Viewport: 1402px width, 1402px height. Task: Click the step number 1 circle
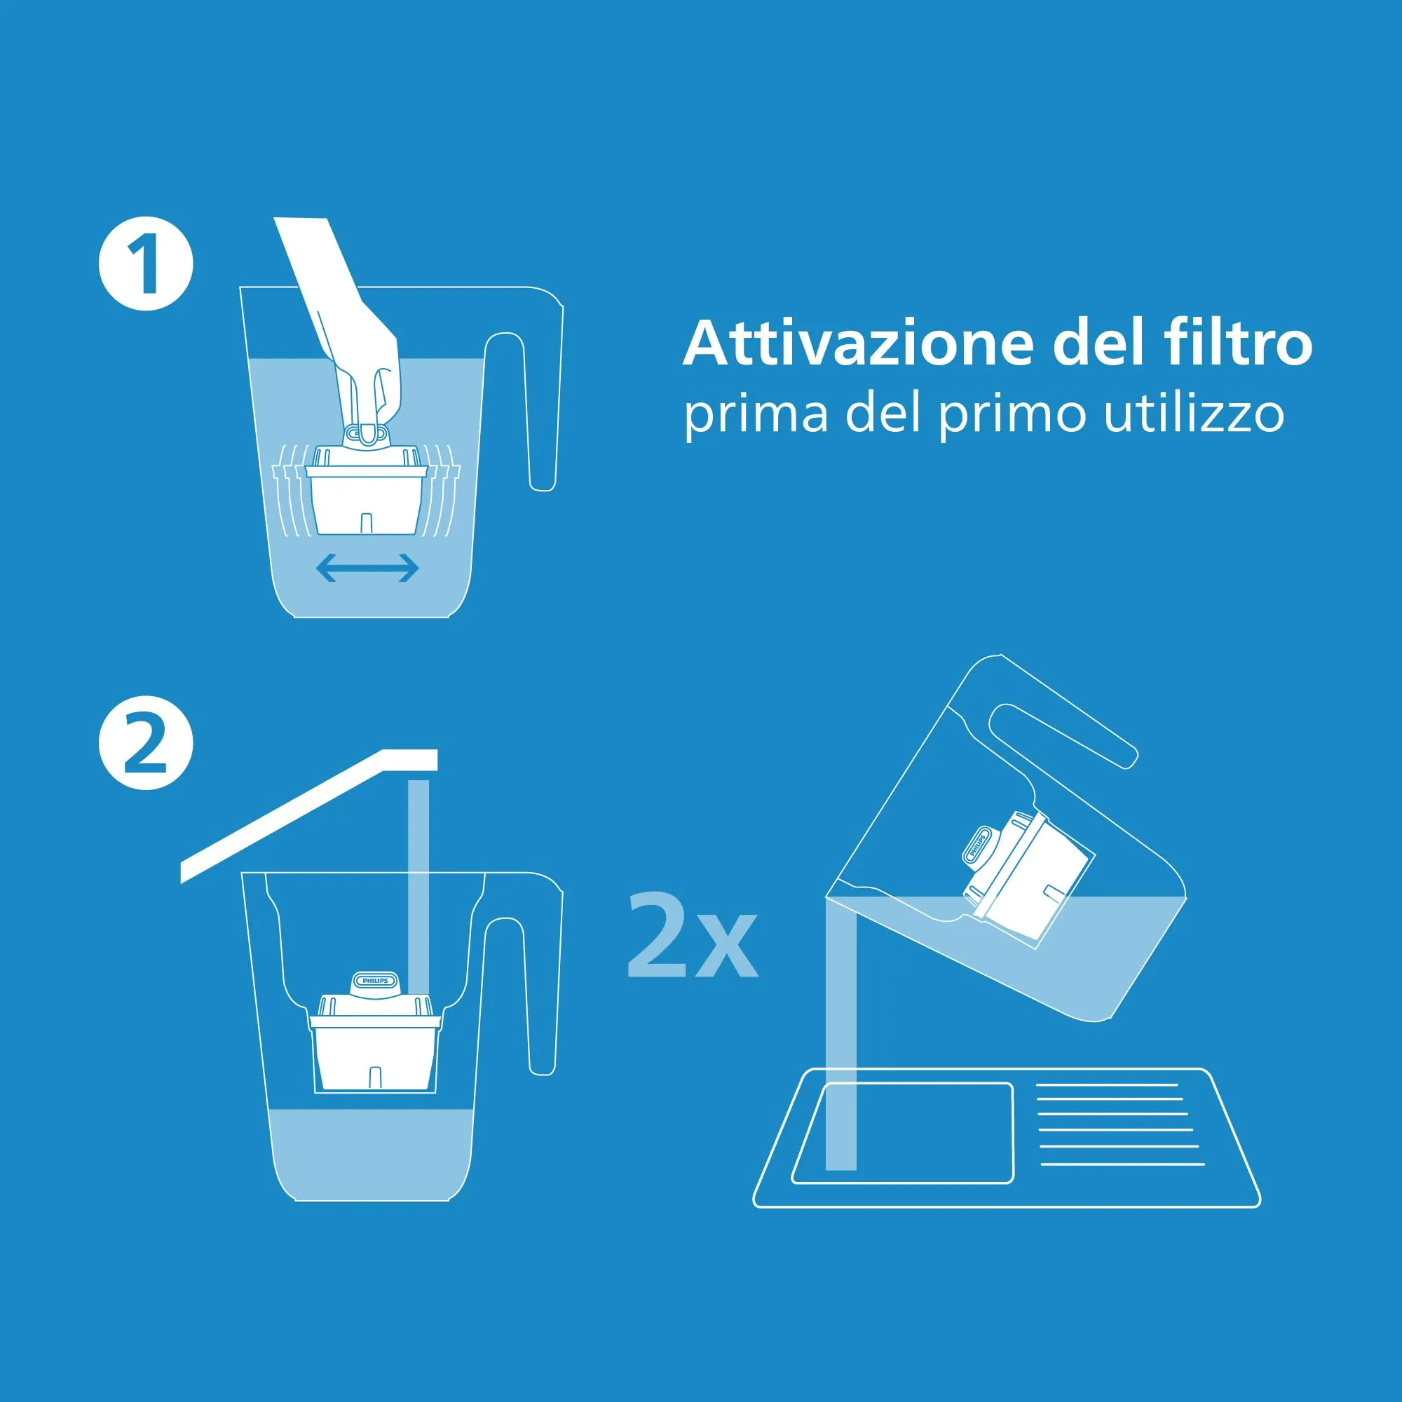146,264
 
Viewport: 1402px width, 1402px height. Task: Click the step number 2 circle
146,744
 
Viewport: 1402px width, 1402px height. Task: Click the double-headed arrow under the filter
368,568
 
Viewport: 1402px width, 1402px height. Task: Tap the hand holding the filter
345,327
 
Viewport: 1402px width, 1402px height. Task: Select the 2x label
693,935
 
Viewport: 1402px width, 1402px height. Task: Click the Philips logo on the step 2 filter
375,981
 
